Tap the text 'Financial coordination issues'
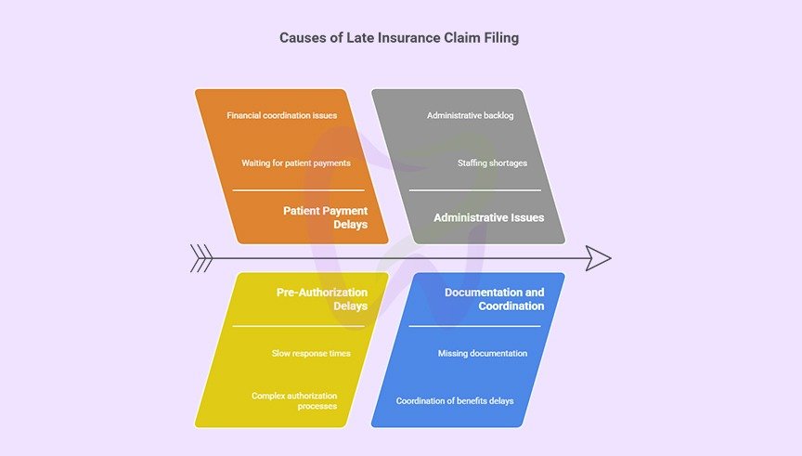(281, 116)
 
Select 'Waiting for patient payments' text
(296, 163)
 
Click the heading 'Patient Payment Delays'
(325, 217)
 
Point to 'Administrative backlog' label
(470, 116)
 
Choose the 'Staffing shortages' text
(492, 163)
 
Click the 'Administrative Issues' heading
(488, 217)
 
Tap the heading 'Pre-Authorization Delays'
(321, 299)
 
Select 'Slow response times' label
(311, 354)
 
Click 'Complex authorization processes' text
(294, 401)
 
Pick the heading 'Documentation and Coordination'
(494, 299)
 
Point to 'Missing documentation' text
(483, 354)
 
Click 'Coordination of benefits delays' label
(455, 401)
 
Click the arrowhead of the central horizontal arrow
(599, 258)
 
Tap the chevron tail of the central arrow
(201, 258)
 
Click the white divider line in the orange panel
(298, 190)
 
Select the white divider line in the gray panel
(475, 190)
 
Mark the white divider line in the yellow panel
(298, 326)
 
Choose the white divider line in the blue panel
(474, 326)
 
